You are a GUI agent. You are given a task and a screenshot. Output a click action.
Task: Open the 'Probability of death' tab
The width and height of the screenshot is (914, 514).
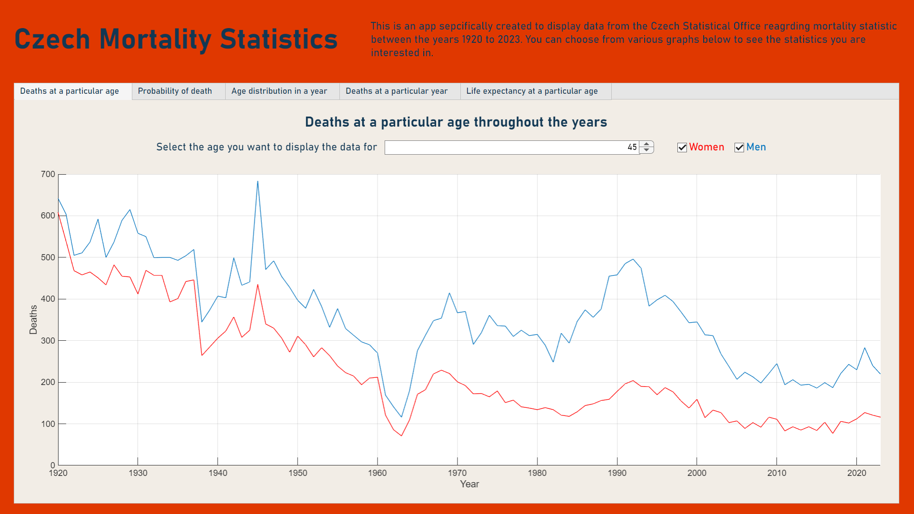pos(175,91)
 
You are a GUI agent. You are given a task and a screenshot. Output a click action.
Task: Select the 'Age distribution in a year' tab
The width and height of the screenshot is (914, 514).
pos(279,91)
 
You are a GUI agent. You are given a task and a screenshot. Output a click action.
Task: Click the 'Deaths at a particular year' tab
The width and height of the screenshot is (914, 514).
pos(397,91)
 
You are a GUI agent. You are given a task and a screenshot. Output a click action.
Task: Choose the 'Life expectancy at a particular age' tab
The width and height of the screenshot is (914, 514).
pos(532,91)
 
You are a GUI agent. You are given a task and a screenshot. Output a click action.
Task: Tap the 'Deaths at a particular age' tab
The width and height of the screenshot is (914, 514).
pos(70,91)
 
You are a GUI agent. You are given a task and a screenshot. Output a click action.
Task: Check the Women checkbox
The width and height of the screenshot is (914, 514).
pos(682,148)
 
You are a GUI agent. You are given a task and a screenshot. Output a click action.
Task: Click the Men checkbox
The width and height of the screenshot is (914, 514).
pos(739,148)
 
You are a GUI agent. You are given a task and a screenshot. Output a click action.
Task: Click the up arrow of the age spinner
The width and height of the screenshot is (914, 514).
pos(646,144)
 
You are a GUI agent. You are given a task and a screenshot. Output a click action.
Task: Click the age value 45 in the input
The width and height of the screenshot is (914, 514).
pos(632,148)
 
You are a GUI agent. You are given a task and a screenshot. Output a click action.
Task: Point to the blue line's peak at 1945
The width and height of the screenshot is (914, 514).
pos(258,181)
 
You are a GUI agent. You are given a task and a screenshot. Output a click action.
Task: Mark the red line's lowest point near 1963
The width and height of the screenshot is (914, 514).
pos(401,435)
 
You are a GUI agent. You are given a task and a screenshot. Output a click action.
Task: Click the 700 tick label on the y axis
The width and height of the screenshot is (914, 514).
pos(48,174)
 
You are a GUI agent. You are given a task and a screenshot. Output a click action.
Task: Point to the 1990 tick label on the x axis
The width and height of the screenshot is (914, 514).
pos(617,473)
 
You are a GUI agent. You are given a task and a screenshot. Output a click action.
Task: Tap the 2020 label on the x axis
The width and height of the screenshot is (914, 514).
pos(856,473)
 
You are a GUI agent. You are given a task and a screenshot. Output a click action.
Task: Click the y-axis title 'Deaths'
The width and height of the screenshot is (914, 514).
pos(33,319)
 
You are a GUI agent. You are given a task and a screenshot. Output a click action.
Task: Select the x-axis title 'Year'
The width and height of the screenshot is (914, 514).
pos(469,484)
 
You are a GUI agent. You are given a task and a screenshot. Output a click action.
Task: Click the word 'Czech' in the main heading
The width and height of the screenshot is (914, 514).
pos(52,39)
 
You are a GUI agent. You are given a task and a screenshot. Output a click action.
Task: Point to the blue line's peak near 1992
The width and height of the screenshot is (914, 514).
pos(633,259)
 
